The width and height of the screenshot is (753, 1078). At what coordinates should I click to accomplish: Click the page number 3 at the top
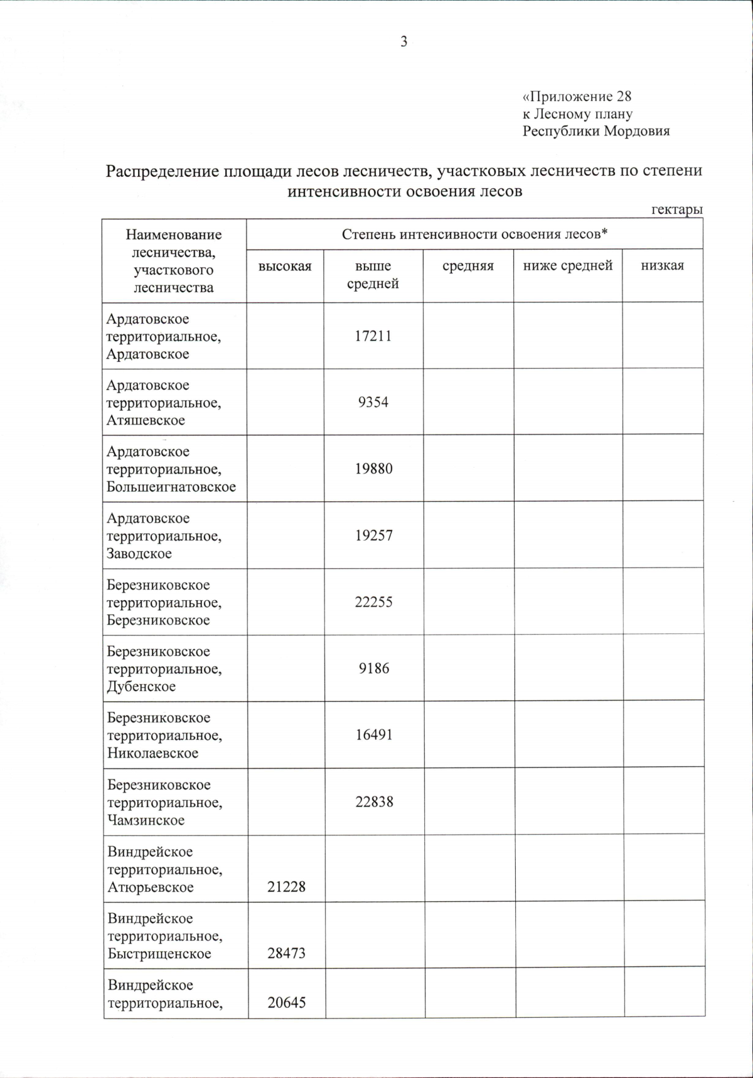[403, 42]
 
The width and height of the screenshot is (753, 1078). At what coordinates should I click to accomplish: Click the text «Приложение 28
[577, 97]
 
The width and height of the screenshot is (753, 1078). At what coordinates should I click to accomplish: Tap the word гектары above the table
[676, 210]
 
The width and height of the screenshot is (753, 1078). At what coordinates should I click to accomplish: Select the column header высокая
[285, 266]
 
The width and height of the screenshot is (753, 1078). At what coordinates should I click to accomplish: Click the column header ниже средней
[567, 266]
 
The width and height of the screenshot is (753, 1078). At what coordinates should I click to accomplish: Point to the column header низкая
[662, 266]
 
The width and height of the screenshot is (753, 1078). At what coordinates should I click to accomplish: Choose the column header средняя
[468, 266]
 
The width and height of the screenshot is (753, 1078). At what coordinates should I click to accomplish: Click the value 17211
[373, 336]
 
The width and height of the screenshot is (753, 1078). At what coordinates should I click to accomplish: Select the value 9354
[373, 403]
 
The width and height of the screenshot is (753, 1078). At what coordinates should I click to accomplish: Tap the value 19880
[373, 469]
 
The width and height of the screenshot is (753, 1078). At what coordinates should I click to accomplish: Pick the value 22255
[373, 602]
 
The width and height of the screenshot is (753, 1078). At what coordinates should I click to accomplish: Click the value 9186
[374, 668]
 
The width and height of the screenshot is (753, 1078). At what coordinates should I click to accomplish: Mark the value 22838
[374, 802]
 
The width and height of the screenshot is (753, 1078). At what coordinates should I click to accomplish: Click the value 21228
[286, 887]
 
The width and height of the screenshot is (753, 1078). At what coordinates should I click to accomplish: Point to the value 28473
[286, 954]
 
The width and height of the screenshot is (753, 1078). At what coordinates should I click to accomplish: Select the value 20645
[286, 1003]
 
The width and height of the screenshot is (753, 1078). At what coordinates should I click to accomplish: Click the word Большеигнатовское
[171, 487]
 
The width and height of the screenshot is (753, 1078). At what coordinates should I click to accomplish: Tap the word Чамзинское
[146, 820]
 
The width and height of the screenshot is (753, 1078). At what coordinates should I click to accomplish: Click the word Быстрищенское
[159, 954]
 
